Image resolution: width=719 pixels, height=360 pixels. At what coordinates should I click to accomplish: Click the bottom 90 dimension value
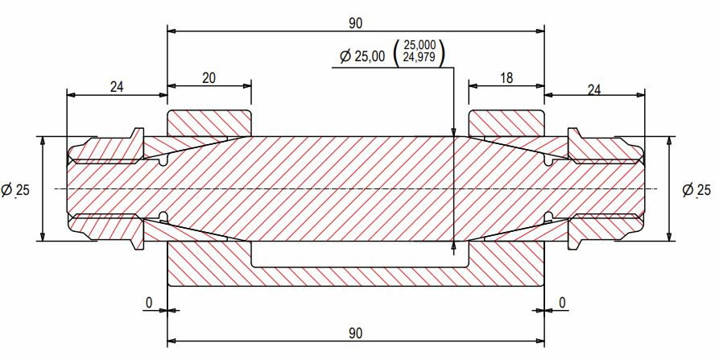(355, 332)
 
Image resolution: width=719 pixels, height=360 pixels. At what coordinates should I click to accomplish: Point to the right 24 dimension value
(594, 89)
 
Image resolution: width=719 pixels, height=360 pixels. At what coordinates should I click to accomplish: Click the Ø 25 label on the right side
(696, 190)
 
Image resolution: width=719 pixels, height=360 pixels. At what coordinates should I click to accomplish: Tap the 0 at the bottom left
(149, 301)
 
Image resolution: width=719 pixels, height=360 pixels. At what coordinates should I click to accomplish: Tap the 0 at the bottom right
(563, 301)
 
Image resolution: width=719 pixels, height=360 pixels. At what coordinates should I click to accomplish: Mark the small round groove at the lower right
(548, 216)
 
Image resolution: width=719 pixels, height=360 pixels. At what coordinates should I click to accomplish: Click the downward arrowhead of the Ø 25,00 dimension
(455, 130)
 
